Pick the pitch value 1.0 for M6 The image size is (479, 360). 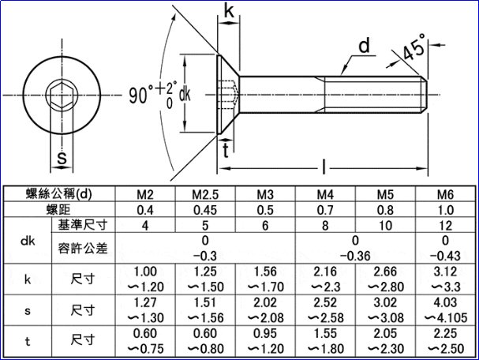click(445, 211)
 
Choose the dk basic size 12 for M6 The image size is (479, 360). click(445, 226)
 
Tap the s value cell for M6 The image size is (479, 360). click(445, 310)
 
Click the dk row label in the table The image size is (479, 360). click(27, 241)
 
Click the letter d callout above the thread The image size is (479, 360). click(363, 47)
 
